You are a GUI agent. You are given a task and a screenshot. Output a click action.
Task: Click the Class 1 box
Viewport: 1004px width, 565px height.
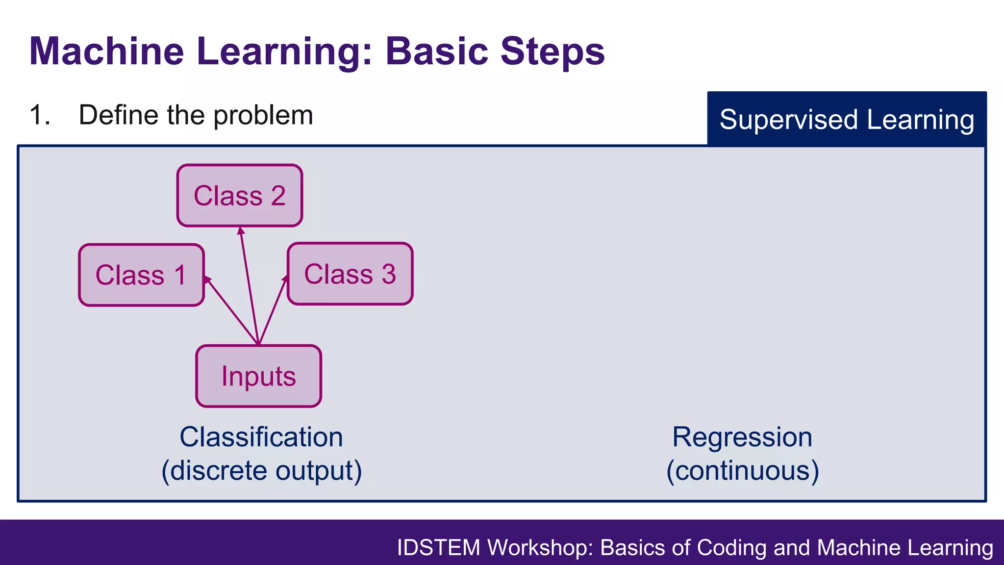(141, 275)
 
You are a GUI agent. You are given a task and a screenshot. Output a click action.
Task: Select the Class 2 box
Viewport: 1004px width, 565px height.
(239, 196)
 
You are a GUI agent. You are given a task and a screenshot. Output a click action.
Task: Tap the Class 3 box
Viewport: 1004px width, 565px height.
(350, 274)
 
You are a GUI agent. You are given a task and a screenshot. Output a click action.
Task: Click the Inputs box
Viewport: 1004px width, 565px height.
(258, 376)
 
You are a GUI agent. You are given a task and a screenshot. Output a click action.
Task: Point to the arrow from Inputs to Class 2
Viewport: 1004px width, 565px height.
(249, 284)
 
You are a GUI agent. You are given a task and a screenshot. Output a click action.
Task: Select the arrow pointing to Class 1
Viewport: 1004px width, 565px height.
(230, 310)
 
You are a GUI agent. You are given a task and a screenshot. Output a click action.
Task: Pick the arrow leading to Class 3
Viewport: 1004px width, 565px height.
(272, 310)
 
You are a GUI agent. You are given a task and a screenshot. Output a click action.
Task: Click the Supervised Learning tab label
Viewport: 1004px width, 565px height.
(847, 120)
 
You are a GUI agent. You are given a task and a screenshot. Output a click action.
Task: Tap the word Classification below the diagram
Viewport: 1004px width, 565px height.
(261, 437)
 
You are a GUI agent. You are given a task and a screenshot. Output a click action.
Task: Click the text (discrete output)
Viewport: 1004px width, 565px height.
(261, 471)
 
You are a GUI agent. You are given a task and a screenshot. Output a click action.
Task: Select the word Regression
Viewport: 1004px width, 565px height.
(742, 437)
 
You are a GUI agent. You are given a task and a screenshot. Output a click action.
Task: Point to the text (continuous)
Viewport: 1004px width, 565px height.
(742, 471)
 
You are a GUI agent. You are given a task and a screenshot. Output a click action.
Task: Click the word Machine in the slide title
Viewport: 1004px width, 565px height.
(106, 51)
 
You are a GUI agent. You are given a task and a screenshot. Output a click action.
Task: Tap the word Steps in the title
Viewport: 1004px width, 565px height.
(552, 51)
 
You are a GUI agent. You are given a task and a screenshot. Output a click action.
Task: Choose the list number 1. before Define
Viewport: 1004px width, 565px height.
(40, 116)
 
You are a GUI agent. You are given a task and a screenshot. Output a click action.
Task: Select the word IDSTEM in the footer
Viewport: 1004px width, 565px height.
(438, 548)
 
